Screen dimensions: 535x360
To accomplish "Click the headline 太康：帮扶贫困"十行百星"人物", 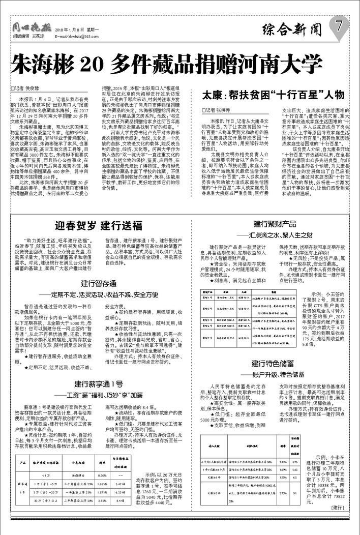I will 273,95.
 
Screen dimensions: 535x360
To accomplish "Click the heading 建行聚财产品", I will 275,224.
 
